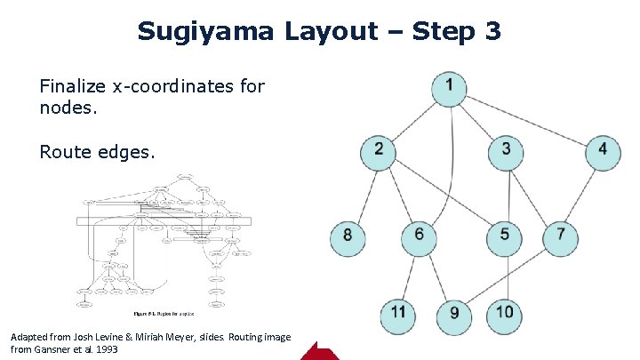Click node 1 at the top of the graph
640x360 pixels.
coord(451,87)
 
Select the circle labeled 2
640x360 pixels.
coord(380,150)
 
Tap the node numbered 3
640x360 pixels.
coord(506,150)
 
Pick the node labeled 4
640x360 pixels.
coord(603,150)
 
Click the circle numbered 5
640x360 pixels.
coord(505,236)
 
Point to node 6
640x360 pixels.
coord(420,236)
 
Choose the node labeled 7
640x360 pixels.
coord(560,236)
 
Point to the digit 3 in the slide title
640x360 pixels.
coord(493,32)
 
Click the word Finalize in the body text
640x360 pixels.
coord(75,86)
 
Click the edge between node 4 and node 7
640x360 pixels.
coord(581,193)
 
